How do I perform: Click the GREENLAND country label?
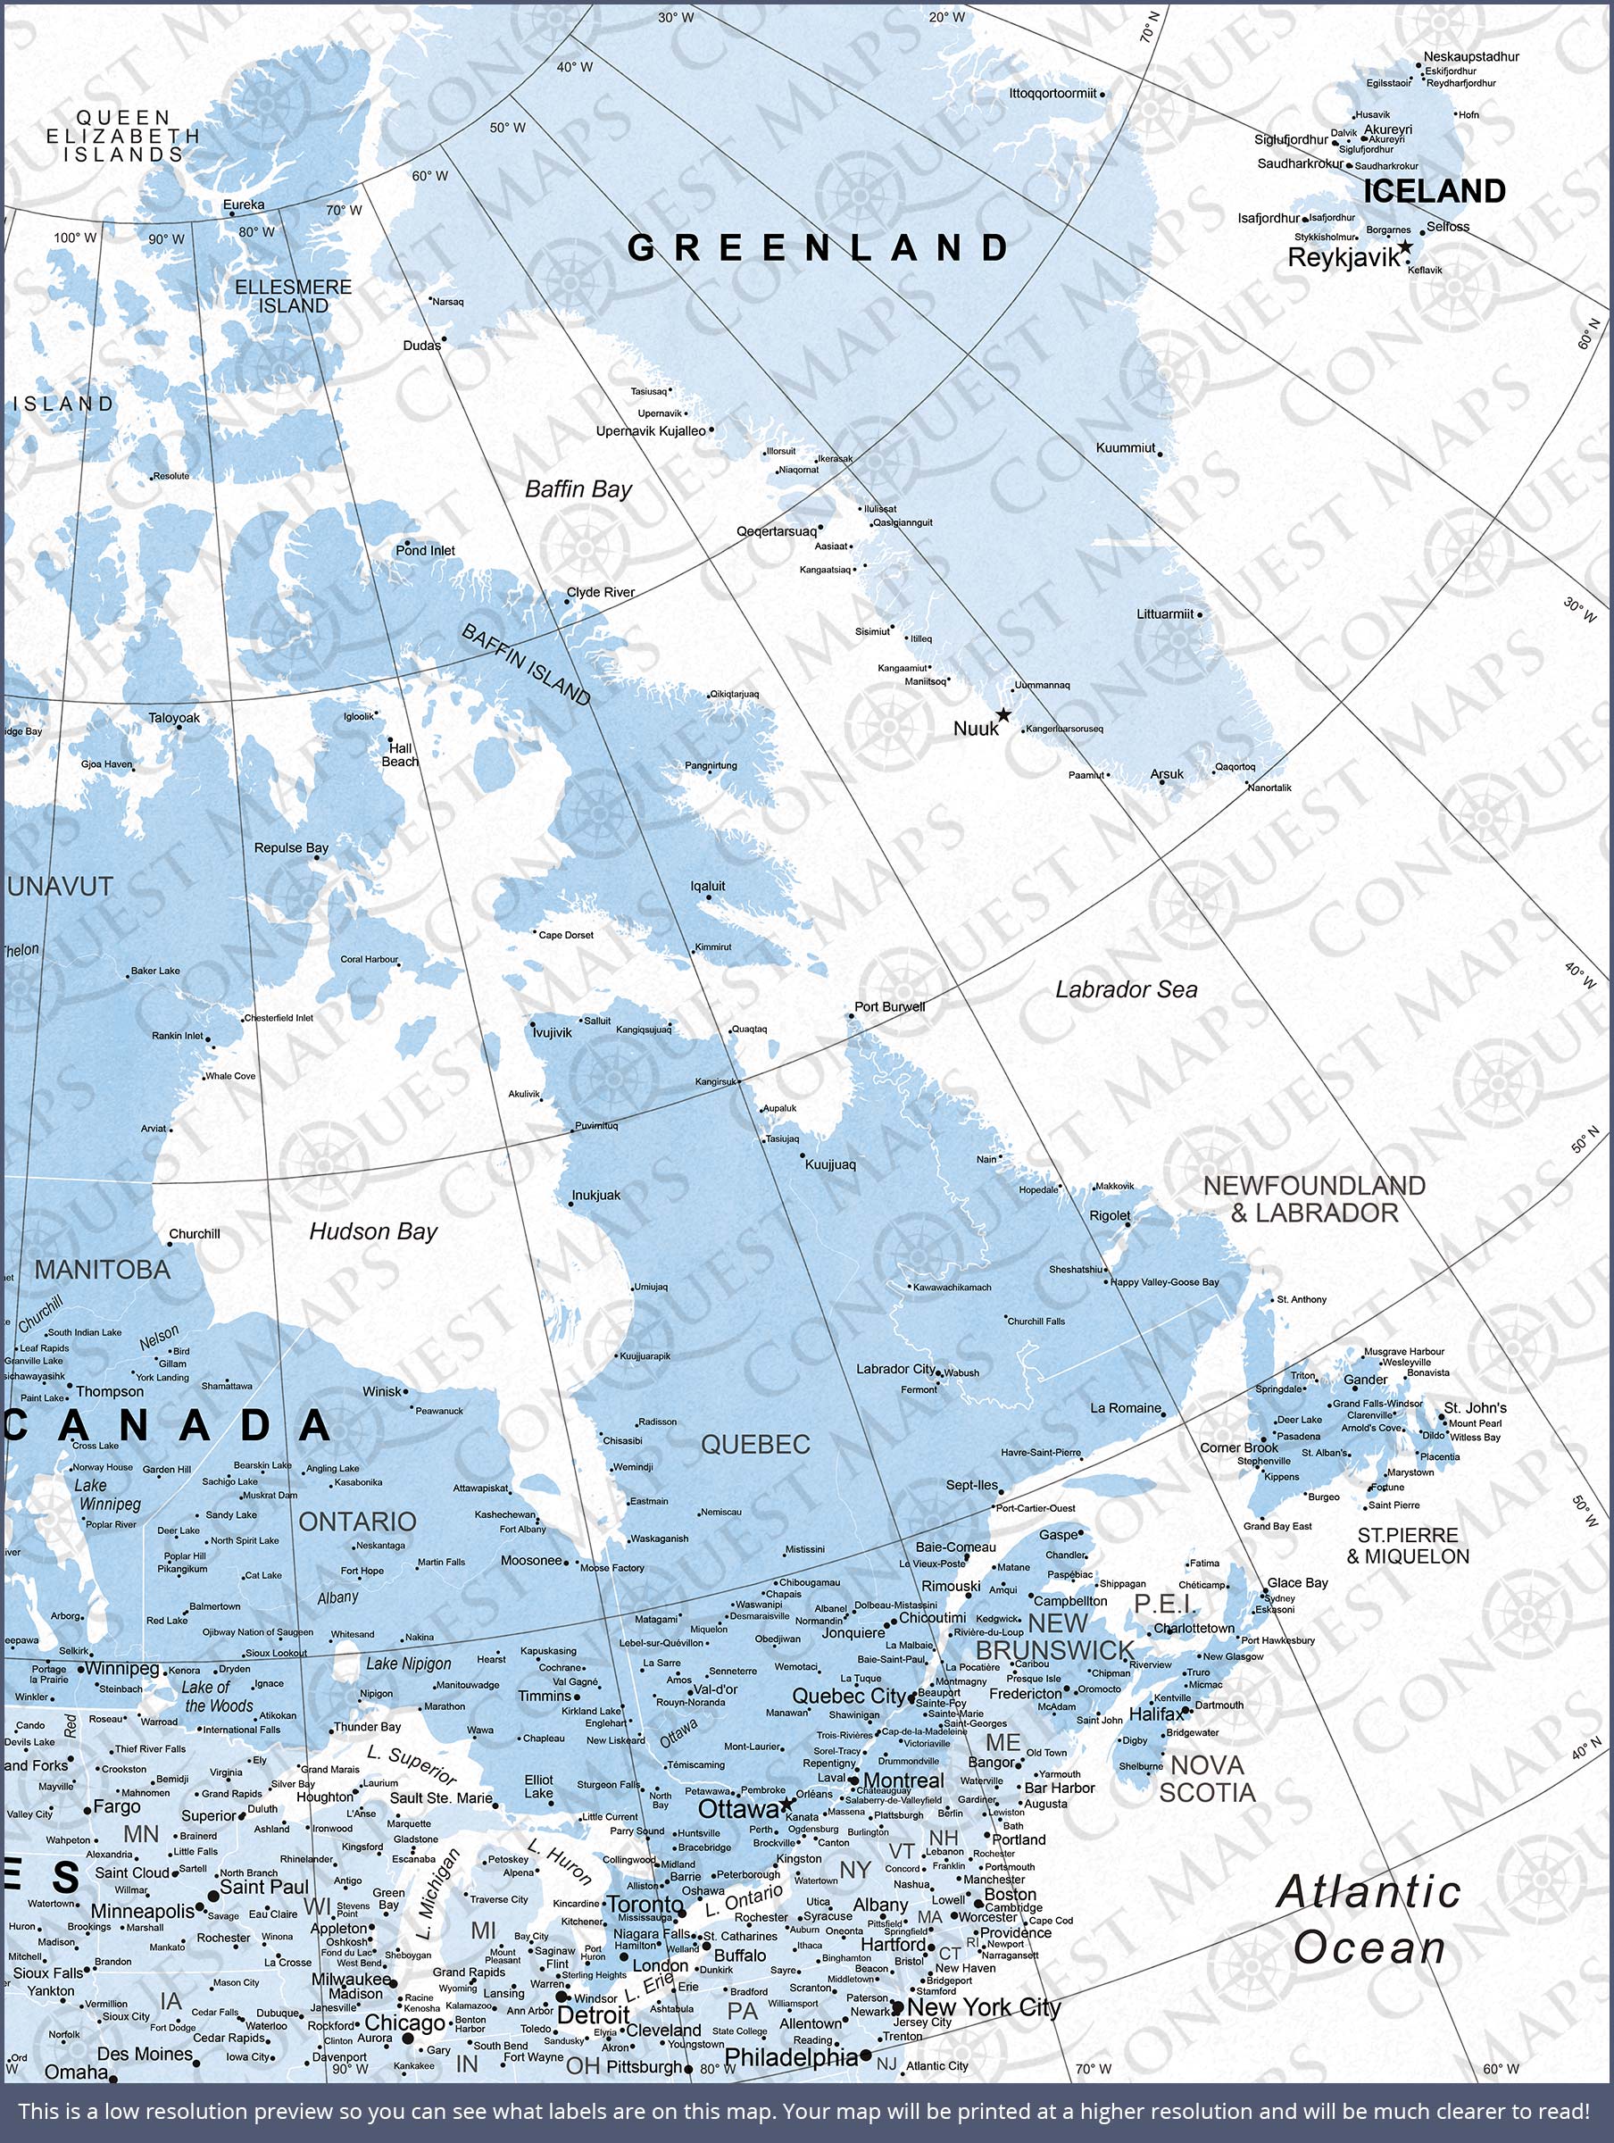point(819,248)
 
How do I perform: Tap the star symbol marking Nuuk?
point(1003,715)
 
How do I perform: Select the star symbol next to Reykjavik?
point(1405,247)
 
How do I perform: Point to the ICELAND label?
point(1434,191)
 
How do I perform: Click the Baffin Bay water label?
point(578,489)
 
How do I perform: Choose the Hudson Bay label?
point(373,1231)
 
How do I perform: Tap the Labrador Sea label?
point(1126,989)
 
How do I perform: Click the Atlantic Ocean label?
point(1368,1919)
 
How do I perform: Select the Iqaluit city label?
point(707,886)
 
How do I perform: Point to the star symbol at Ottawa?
point(786,1804)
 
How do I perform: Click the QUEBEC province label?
point(754,1445)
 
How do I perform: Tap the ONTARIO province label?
point(356,1522)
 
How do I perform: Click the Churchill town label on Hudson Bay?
point(195,1233)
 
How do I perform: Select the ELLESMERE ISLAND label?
point(294,296)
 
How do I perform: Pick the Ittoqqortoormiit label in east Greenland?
point(1052,93)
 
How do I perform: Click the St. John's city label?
point(1475,1407)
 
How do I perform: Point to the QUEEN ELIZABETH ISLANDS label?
point(123,136)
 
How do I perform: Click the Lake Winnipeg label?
point(109,1494)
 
